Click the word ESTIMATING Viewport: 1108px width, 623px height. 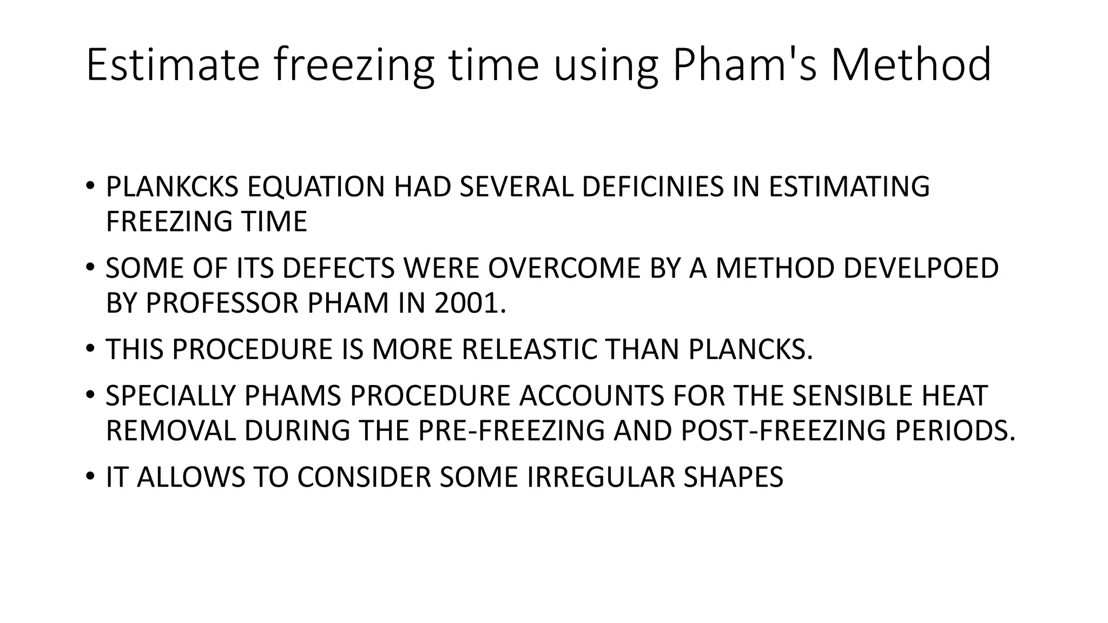tap(849, 187)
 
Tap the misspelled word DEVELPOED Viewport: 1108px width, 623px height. tap(921, 268)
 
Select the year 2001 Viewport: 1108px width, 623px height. tap(470, 303)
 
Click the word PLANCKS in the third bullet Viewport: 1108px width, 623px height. tap(750, 349)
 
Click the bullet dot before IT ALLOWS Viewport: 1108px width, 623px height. tap(90, 476)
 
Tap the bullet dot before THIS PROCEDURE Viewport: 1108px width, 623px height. tap(90, 349)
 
